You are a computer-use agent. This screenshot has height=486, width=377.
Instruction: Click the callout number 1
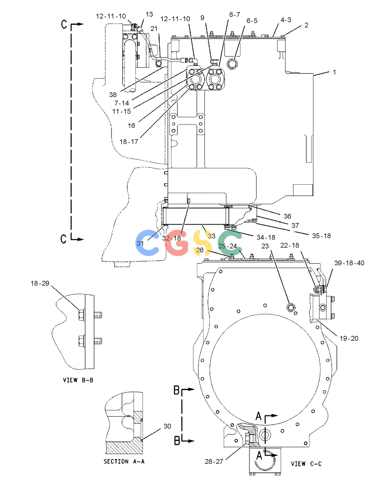pos(334,72)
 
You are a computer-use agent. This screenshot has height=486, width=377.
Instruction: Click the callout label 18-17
pos(129,142)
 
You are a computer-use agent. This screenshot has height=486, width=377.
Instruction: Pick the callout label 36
pos(287,216)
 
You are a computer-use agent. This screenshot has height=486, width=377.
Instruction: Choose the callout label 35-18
pos(321,235)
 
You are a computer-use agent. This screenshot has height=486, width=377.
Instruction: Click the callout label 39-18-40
pos(349,263)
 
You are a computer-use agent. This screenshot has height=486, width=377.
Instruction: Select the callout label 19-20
pos(349,338)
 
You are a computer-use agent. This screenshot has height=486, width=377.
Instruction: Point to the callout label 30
pos(167,426)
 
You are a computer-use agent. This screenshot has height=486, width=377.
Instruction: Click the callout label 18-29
pos(40,283)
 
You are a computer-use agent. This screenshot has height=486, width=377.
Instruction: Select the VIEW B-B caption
pos(78,380)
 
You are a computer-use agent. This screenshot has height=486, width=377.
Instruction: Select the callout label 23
pos(265,246)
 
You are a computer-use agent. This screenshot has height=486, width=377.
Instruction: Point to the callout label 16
pos(131,126)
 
